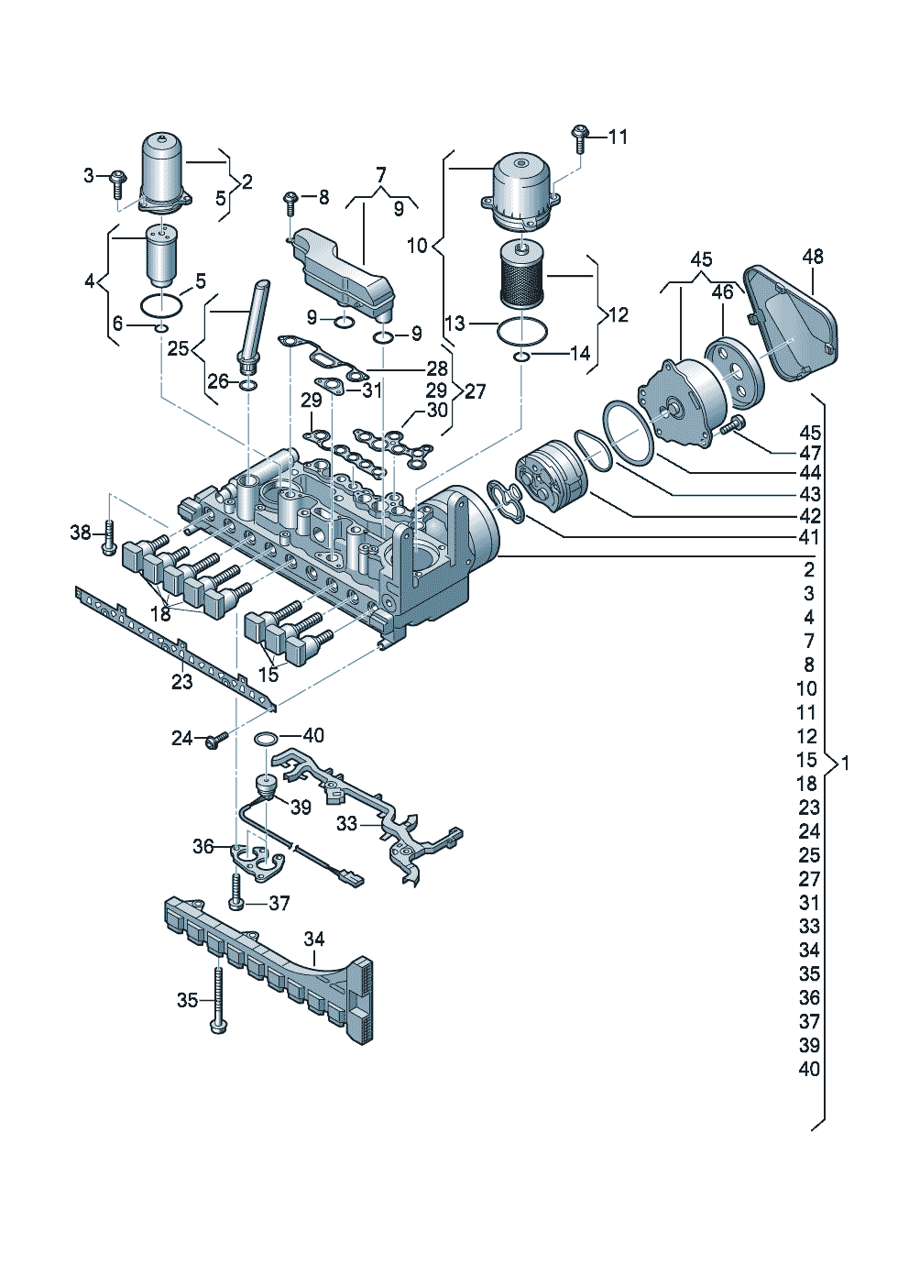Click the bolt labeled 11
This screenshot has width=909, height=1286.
pos(579,138)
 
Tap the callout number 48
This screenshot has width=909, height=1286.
pos(813,257)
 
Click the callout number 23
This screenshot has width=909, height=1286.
pos(182,682)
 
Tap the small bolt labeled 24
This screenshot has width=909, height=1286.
pos(217,741)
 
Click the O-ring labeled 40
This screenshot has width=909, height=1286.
pos(267,738)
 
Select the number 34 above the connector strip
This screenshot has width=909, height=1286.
pos(314,940)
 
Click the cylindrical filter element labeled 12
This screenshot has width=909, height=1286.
pos(521,272)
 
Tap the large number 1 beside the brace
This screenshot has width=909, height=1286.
pos(844,763)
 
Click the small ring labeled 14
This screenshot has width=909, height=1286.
pos(521,357)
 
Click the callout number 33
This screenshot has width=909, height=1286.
pos(346,824)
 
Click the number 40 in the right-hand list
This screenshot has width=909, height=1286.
pos(808,1069)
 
